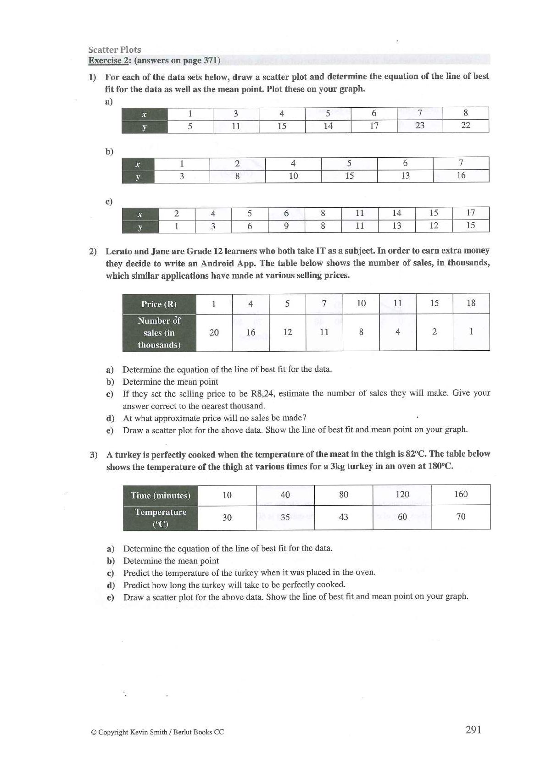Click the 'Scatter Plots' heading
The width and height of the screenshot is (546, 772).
pos(115,50)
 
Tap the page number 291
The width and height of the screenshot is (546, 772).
pos(473,729)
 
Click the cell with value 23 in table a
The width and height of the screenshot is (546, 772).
pos(419,125)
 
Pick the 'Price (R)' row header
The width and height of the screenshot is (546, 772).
pos(159,304)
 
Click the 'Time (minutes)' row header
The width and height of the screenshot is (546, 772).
pos(161,495)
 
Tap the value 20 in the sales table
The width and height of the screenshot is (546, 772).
pos(214,332)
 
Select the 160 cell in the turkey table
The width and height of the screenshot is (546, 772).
pos(461,494)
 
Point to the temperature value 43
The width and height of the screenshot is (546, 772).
pos(343,517)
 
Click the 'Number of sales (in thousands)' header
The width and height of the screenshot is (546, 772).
pos(159,333)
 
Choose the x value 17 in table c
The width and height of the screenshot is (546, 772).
pos(471,213)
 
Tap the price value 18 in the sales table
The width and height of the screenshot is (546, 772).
pos(471,303)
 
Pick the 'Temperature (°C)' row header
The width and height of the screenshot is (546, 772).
pos(161,518)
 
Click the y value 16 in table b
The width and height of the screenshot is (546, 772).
pos(461,175)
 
